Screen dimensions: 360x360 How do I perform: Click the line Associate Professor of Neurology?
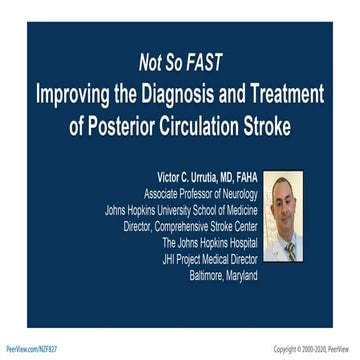click(x=200, y=193)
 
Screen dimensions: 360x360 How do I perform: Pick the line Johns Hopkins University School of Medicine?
click(x=181, y=211)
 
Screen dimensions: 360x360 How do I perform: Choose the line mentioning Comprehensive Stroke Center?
click(x=190, y=227)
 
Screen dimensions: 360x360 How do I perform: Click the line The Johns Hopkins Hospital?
click(x=210, y=243)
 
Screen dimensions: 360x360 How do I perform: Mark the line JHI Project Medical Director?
click(x=209, y=259)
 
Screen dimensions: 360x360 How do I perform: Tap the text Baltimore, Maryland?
click(x=223, y=275)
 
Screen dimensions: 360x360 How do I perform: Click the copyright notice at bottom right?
click(x=314, y=349)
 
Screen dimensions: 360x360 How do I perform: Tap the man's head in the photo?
click(x=287, y=200)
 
